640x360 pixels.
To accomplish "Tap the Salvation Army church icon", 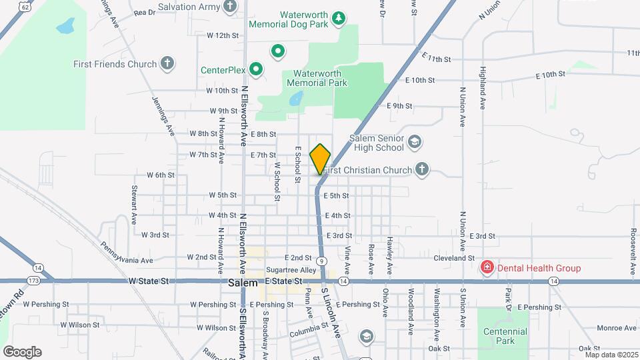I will point(231,7).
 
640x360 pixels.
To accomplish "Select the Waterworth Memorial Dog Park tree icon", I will point(339,18).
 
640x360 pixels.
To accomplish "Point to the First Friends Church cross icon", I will point(167,64).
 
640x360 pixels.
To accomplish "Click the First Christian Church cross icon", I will point(421,169).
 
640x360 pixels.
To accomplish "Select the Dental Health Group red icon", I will point(487,268).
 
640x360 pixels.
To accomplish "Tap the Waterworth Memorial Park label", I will point(317,78).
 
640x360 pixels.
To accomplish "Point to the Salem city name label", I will point(243,283).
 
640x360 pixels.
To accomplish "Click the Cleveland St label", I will point(453,257).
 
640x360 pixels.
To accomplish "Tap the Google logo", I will point(22,352).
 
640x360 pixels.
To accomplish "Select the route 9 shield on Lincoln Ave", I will point(321,261).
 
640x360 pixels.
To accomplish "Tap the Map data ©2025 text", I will point(610,355).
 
